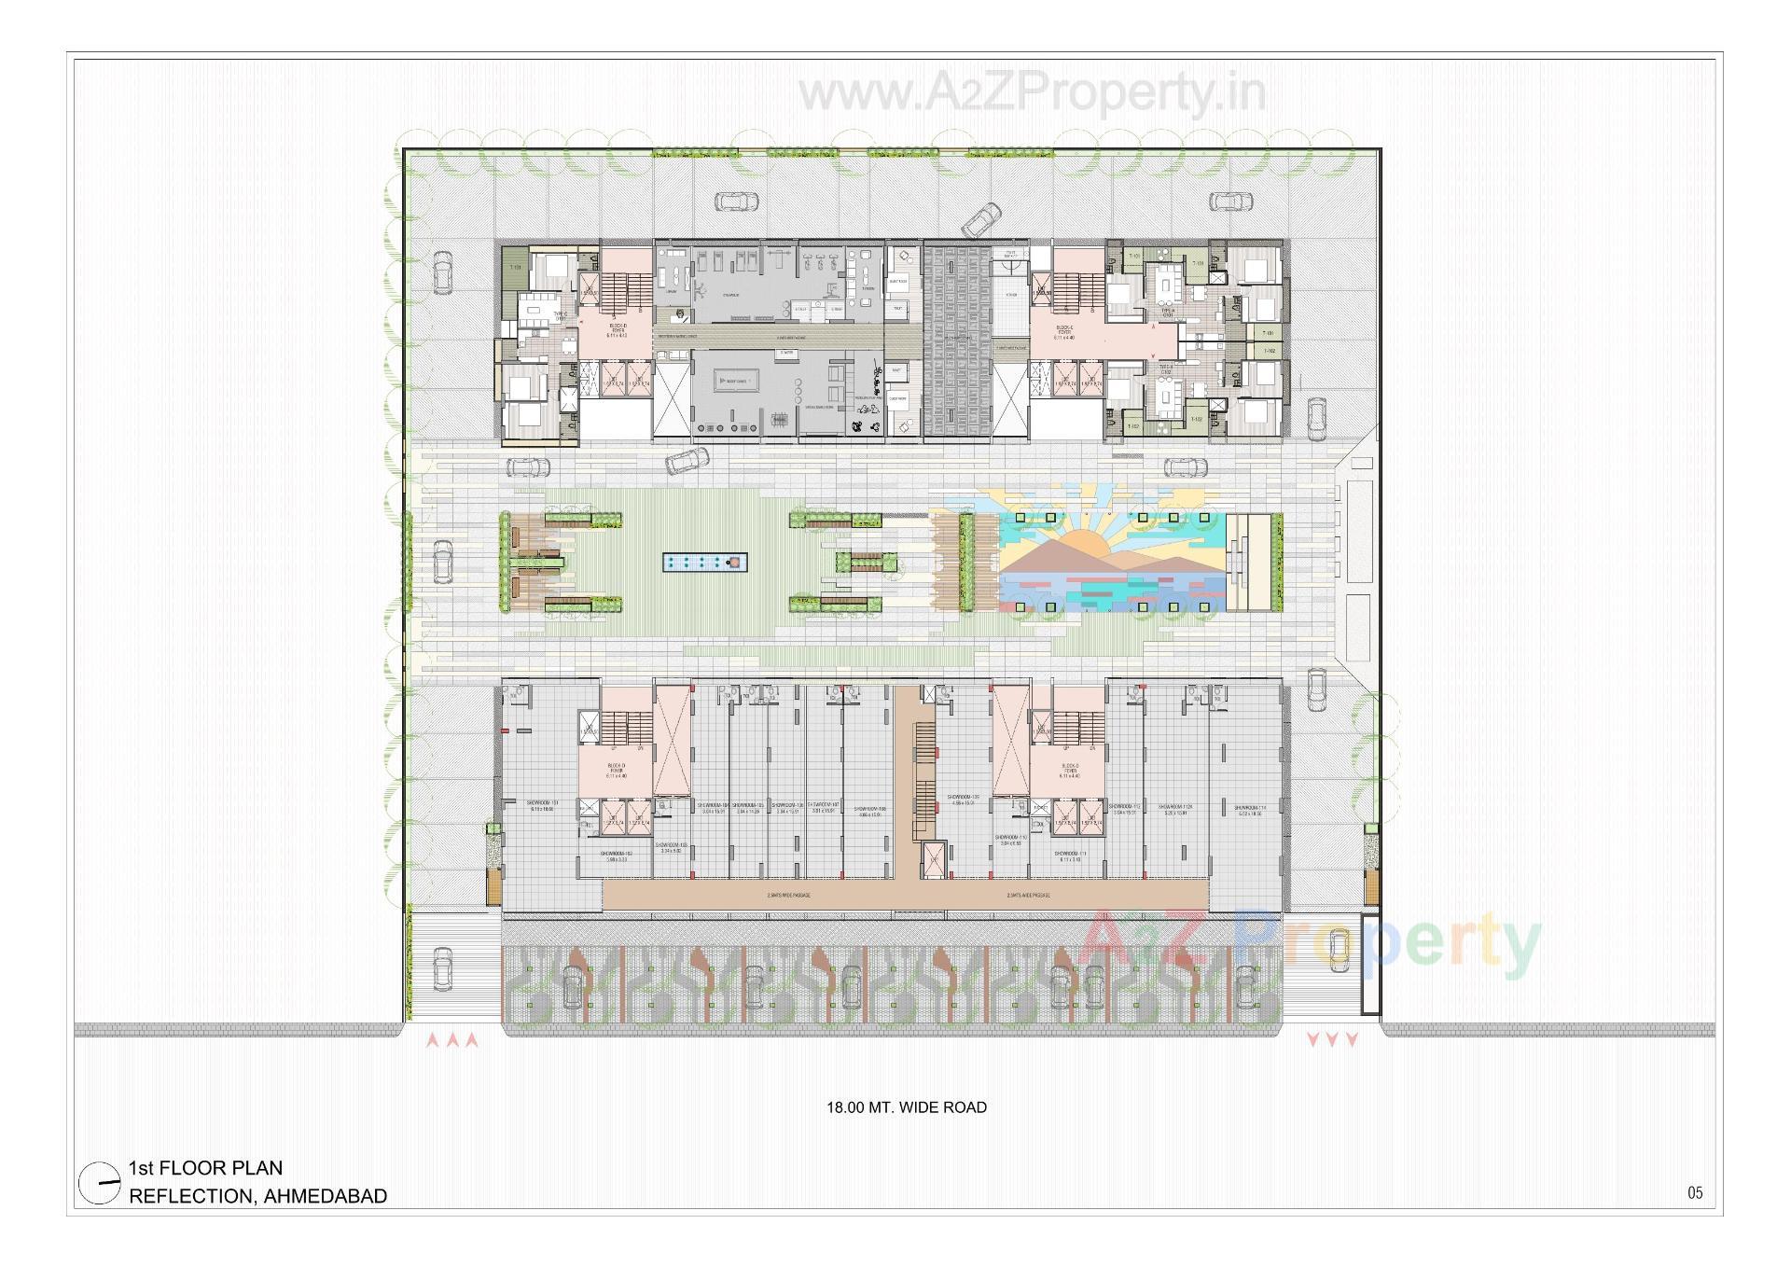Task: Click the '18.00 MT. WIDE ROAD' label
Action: pyautogui.click(x=906, y=1107)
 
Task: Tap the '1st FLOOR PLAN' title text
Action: pyautogui.click(x=205, y=1168)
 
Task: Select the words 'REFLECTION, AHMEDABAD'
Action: pyautogui.click(x=257, y=1196)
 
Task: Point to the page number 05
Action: pyautogui.click(x=1695, y=1192)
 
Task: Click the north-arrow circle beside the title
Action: pyautogui.click(x=100, y=1183)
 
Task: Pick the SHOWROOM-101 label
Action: pyautogui.click(x=541, y=805)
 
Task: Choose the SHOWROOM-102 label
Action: pyautogui.click(x=617, y=856)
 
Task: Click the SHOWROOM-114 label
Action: pyautogui.click(x=1249, y=810)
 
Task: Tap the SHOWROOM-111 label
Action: pyautogui.click(x=1069, y=856)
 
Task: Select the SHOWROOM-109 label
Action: pyautogui.click(x=962, y=800)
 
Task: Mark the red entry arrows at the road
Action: pyautogui.click(x=452, y=1039)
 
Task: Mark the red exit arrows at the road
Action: pyautogui.click(x=1331, y=1039)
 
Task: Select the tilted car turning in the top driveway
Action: pyautogui.click(x=980, y=221)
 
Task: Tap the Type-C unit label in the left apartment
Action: pyautogui.click(x=535, y=316)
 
